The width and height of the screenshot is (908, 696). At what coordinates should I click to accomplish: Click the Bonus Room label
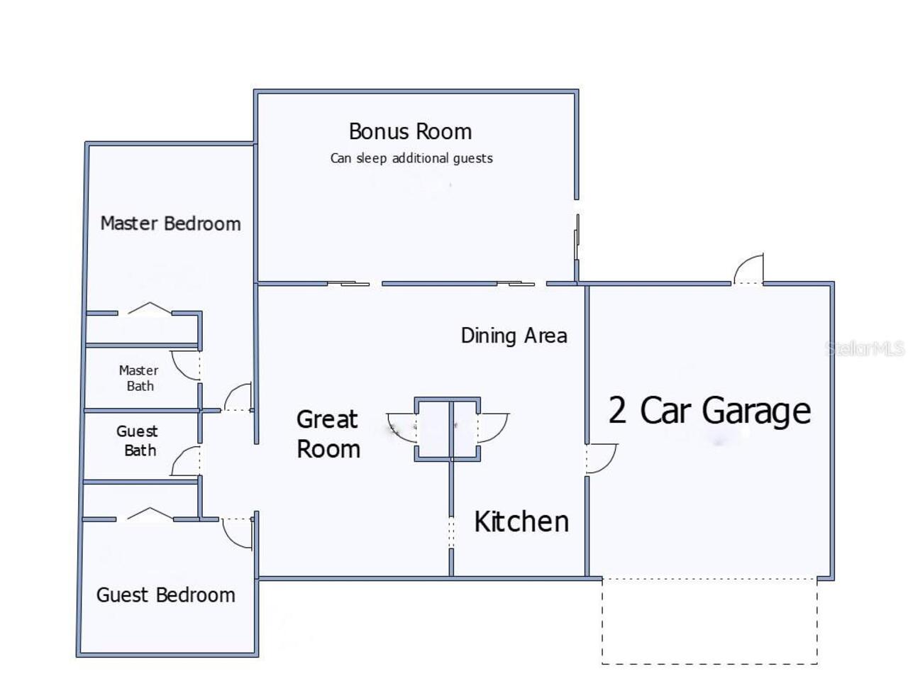pos(410,132)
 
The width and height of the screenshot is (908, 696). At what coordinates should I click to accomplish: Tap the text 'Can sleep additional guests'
pos(411,158)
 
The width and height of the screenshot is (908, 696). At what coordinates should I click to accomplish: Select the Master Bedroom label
pos(170,223)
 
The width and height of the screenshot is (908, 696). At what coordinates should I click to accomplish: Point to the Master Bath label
pos(139,378)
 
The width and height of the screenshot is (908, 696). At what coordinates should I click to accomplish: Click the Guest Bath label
pos(138,441)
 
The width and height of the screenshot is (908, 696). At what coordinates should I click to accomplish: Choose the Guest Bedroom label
pos(166,595)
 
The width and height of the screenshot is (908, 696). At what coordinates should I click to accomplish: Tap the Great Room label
pos(328,434)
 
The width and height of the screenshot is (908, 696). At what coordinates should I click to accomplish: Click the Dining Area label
pos(514,336)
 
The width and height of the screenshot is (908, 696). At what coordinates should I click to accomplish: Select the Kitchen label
pos(521,521)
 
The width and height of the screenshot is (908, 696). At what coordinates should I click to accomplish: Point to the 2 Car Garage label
pos(709,411)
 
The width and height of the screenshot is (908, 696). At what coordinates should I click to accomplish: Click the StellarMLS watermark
pos(865,348)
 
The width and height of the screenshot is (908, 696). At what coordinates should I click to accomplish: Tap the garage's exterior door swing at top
pos(748,270)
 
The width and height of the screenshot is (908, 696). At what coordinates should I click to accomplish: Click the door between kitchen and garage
pos(599,458)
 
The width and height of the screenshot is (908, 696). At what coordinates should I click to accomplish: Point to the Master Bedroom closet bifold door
pos(150,309)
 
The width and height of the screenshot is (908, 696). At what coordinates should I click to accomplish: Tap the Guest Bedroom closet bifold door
pos(149,514)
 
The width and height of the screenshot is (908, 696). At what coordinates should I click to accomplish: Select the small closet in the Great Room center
pos(448,429)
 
